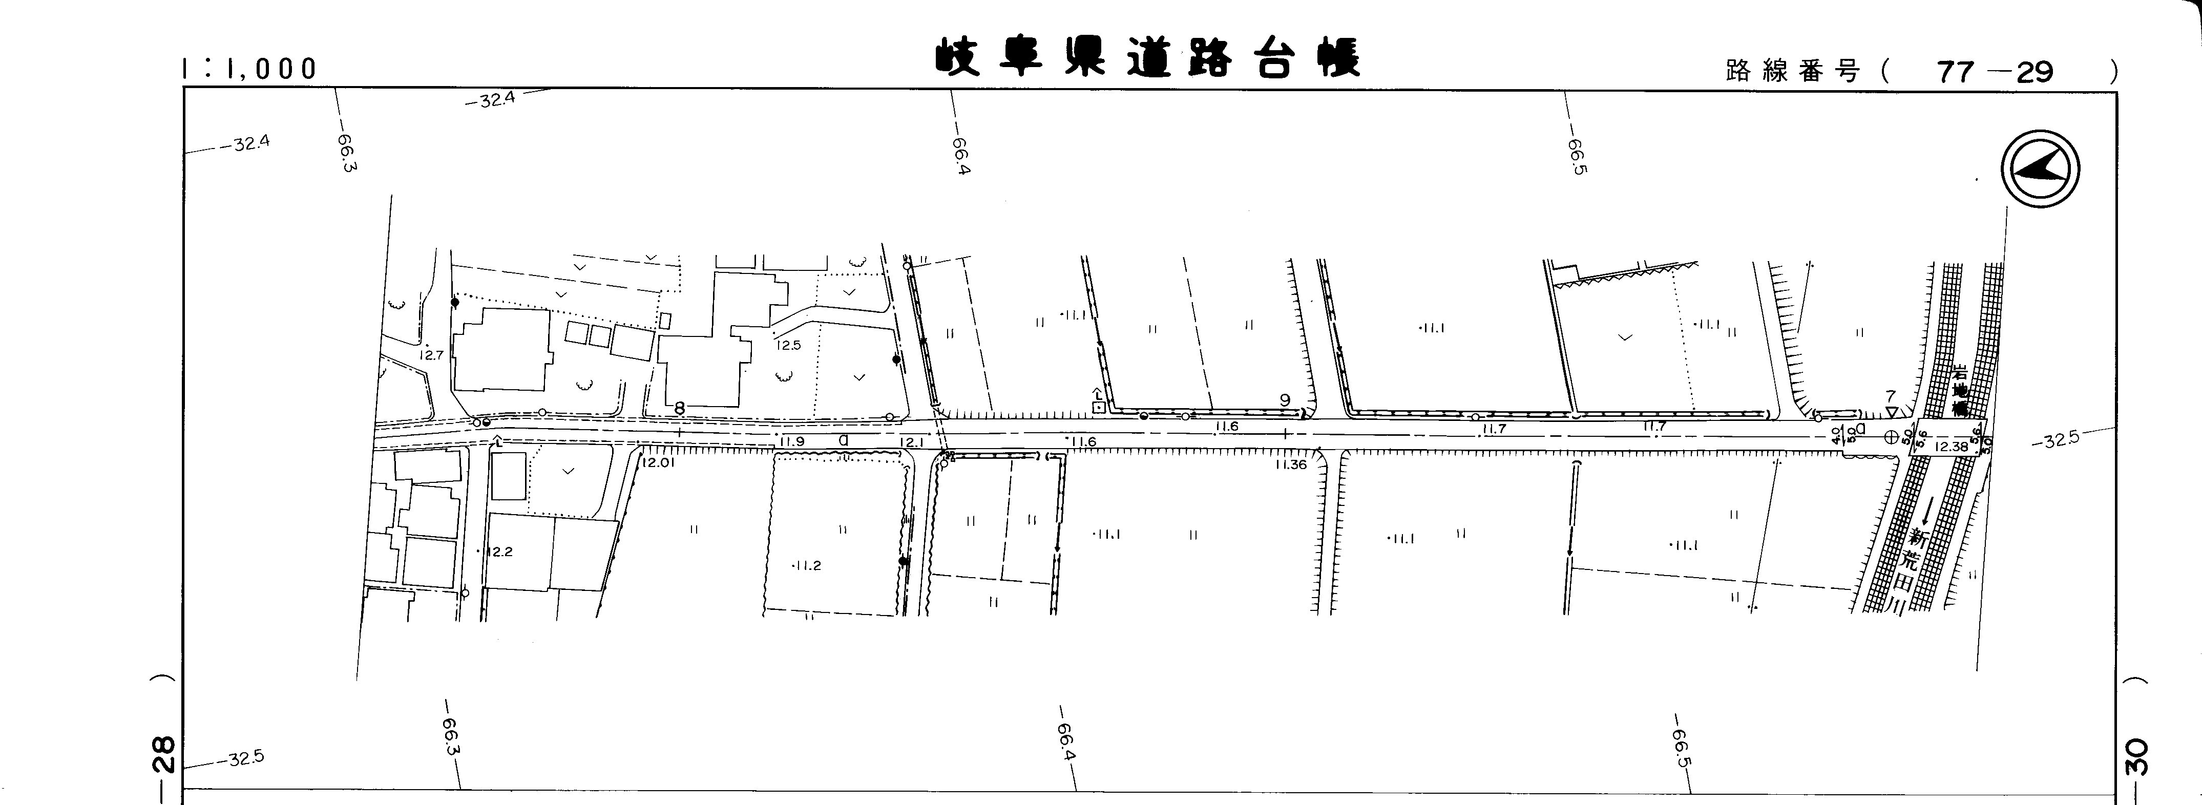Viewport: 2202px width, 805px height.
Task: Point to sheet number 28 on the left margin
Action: (x=166, y=754)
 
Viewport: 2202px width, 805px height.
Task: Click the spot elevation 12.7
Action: (x=432, y=355)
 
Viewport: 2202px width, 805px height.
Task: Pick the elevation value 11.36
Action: (x=1290, y=465)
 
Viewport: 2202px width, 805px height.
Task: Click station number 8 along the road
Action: (x=680, y=409)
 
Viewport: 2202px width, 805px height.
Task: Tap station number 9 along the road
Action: (x=1284, y=400)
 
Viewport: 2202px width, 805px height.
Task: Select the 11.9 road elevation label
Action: (x=792, y=442)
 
